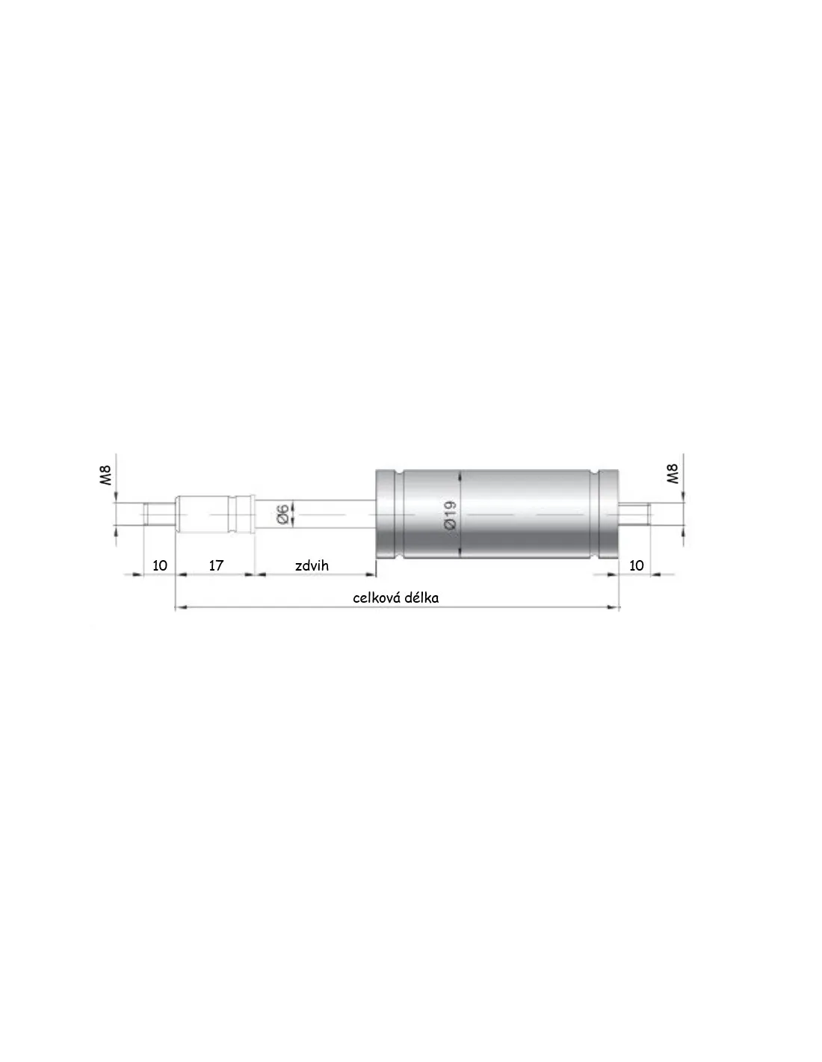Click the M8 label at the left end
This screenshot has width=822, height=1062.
106,474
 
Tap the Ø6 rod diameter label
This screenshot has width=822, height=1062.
282,515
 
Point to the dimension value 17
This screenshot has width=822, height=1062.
216,565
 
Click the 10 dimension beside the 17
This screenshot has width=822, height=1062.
160,565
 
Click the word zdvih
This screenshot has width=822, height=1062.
312,565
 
